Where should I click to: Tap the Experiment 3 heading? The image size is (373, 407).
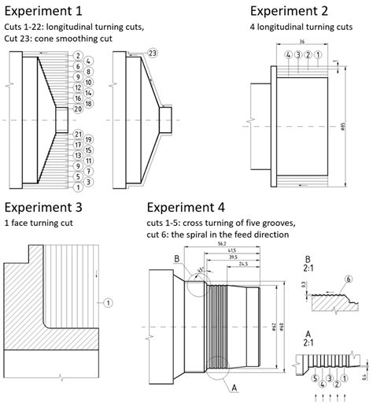tap(42, 208)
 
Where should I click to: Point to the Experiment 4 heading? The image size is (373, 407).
tap(186, 208)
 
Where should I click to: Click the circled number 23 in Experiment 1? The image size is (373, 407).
tap(152, 53)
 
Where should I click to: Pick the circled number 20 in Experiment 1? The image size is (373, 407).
tap(79, 110)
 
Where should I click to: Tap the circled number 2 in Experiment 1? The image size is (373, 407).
tap(79, 56)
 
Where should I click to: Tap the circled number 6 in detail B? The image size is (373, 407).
tap(348, 279)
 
